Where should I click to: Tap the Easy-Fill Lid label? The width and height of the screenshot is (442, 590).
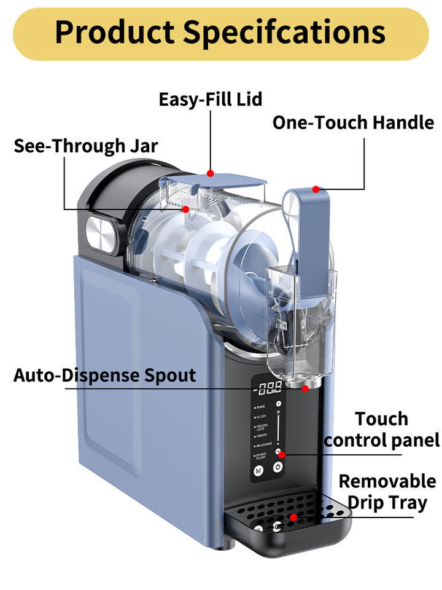tap(210, 99)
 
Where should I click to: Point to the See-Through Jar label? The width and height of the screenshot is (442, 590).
tap(86, 146)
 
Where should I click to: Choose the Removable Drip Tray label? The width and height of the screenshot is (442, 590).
tap(387, 491)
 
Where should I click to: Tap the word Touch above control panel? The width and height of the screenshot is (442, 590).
tap(381, 419)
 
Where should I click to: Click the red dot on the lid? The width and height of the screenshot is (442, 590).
tap(211, 173)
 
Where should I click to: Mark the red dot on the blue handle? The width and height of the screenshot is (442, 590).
tap(316, 189)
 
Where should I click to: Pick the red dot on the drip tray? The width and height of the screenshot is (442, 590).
tap(293, 517)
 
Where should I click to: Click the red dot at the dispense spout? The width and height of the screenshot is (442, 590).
tap(306, 388)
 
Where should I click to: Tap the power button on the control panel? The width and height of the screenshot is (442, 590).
tap(277, 468)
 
